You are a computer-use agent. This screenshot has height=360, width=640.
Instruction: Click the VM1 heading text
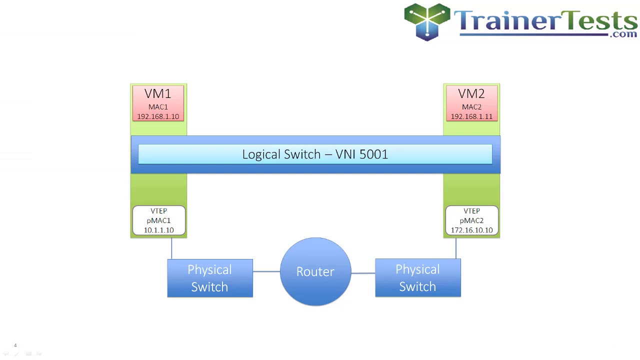pos(158,93)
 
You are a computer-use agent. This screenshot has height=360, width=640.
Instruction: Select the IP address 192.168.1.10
pos(158,116)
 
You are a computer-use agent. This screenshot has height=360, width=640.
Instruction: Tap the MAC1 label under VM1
pos(158,106)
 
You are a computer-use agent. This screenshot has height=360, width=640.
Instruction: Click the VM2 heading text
pos(471,93)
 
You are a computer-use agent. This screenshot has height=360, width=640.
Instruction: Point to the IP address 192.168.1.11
pos(471,116)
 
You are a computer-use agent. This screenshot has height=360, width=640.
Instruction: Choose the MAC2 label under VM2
pos(471,106)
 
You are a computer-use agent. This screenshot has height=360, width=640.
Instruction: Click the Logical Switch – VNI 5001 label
pos(315,154)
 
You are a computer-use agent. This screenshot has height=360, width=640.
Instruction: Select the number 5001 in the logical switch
pos(373,154)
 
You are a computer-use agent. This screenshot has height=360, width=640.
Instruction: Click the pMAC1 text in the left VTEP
pos(158,220)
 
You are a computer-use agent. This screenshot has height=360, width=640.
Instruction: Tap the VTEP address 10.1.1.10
pos(158,230)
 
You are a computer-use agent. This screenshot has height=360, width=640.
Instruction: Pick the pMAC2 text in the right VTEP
pos(471,220)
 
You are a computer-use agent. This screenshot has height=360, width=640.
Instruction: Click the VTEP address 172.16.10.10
pos(471,230)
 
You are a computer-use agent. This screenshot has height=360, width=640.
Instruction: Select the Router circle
pos(315,271)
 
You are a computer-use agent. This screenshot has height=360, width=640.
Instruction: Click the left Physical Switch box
pos(210,278)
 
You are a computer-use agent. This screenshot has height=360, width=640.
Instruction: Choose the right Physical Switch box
pos(417,278)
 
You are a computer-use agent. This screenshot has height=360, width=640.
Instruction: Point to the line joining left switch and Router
pos(266,271)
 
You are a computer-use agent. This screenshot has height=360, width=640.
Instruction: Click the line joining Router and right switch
pos(363,273)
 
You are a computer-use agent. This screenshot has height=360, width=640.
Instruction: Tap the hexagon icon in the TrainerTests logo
pos(427,21)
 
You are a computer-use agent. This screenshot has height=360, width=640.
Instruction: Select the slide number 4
pos(15,345)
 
